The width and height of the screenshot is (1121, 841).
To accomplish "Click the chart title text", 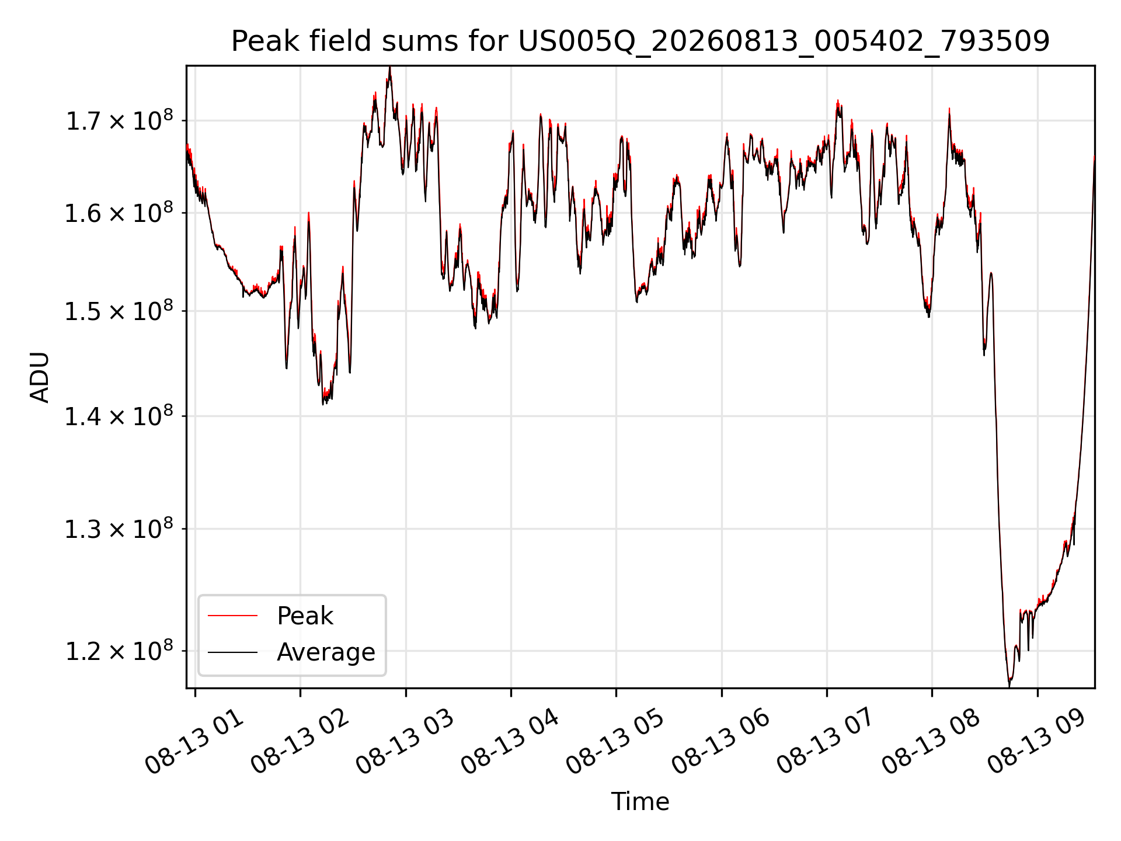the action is click(640, 41).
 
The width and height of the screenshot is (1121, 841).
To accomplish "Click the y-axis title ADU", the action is click(40, 377).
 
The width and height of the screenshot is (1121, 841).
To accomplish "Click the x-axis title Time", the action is click(640, 801).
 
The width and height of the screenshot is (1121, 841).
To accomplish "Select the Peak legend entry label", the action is click(305, 616).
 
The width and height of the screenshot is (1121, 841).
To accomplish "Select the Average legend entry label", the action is click(326, 652).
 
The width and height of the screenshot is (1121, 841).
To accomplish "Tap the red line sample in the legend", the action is click(232, 616).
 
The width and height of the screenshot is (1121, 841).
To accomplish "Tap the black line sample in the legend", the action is click(232, 652).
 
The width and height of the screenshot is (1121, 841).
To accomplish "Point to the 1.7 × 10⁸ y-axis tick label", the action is click(119, 120).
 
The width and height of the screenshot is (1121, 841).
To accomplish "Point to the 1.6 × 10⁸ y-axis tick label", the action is click(119, 213).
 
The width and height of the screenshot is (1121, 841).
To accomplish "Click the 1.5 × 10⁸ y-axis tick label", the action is click(119, 311).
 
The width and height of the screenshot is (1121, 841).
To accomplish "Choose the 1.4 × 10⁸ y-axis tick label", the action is click(119, 416).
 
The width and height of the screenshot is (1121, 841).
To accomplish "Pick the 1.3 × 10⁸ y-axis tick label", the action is click(119, 529).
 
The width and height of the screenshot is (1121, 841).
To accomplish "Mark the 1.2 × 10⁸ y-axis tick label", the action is click(119, 651).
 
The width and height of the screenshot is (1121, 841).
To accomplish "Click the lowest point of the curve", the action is click(1009, 686).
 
